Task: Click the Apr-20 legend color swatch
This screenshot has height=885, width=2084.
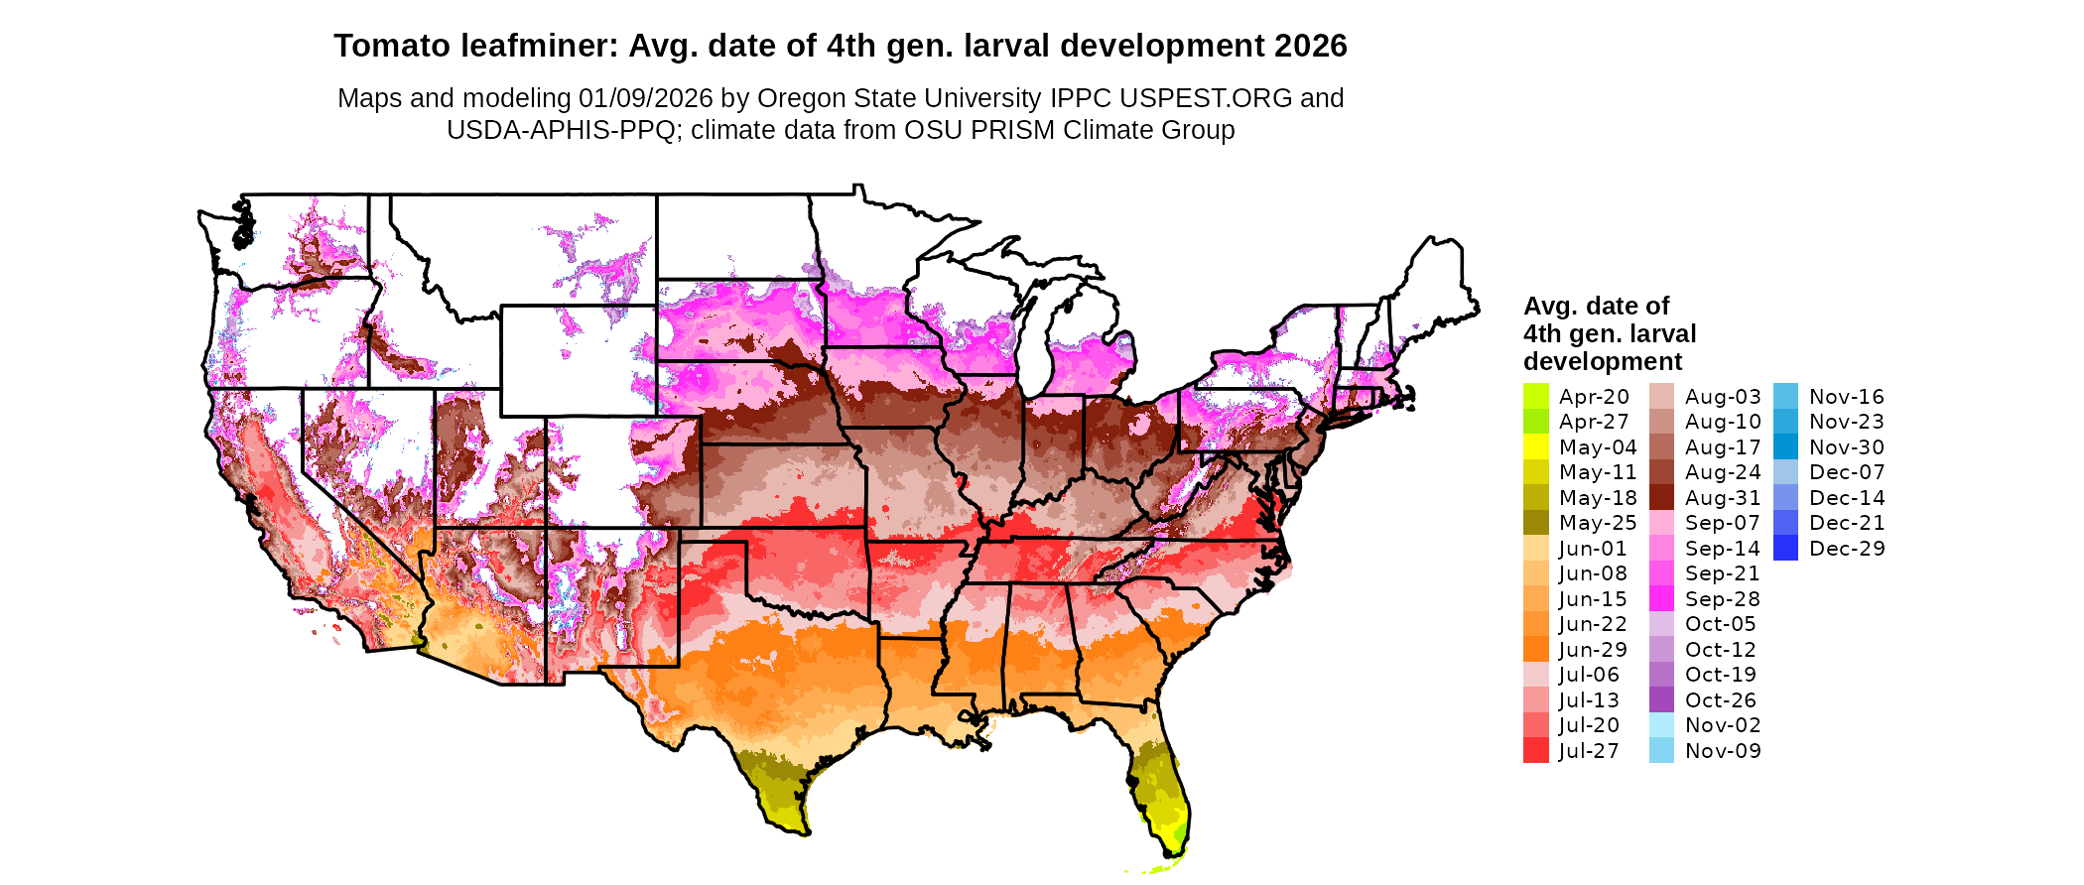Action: click(1535, 397)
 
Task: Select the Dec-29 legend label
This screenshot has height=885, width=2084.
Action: click(1846, 549)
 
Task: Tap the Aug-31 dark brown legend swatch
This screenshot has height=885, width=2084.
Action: click(1661, 498)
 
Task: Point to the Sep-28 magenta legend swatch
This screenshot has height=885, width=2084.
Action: click(1661, 599)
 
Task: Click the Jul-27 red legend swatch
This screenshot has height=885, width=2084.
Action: click(1535, 751)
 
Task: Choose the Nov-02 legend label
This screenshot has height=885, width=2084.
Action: click(1723, 725)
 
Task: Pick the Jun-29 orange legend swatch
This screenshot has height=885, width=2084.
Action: click(1535, 650)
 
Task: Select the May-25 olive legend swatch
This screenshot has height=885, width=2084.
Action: click(1535, 523)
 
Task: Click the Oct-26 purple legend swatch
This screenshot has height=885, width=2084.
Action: click(1661, 700)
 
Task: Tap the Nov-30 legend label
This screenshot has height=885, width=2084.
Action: click(1846, 447)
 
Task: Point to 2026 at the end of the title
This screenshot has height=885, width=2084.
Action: click(1311, 47)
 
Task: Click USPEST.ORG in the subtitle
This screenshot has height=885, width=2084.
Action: click(1206, 98)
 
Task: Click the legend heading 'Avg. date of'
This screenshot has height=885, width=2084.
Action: click(1596, 306)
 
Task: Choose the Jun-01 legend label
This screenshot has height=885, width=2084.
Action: click(1593, 549)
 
